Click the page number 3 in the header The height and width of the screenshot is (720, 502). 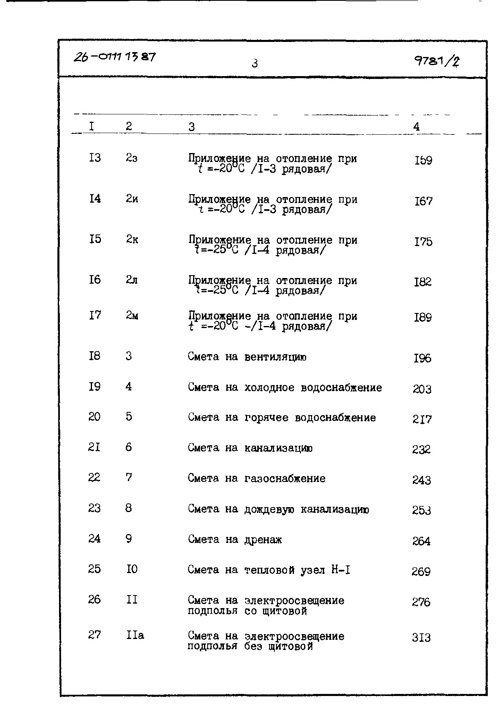point(255,63)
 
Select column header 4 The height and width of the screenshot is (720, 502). point(416,127)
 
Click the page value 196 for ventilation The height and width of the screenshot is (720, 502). point(422,359)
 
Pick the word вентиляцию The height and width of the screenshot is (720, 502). point(275,357)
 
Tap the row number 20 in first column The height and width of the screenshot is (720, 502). point(94,417)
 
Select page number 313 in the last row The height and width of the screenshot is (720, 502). point(421,637)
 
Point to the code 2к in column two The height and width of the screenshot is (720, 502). point(132,239)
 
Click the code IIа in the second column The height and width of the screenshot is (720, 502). point(135,635)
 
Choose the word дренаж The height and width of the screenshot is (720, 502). point(263,540)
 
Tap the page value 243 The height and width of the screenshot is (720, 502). point(421,481)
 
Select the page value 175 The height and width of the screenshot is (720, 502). point(423,242)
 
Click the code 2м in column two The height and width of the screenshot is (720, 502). point(132,315)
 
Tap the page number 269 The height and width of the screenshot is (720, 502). point(421,572)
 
